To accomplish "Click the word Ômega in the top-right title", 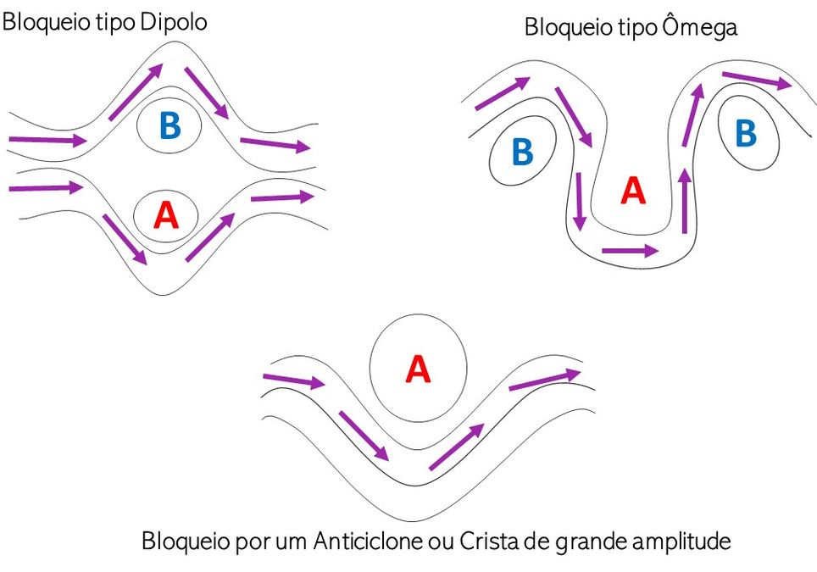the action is pos(700,25).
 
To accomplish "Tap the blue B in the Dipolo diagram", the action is pos(170,125).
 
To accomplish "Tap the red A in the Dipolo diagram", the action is pos(166,215).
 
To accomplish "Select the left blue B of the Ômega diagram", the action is pos(523,152).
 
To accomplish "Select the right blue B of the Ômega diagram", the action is pos(746,133).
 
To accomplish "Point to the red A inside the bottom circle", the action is pos(418,369).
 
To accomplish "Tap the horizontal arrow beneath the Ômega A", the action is pos(630,251).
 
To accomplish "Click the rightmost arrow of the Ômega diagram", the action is pos(757,81).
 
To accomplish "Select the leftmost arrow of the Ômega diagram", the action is pos(503,94).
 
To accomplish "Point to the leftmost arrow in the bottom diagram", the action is pos(294,381).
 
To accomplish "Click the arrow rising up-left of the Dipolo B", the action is pos(136,92).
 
